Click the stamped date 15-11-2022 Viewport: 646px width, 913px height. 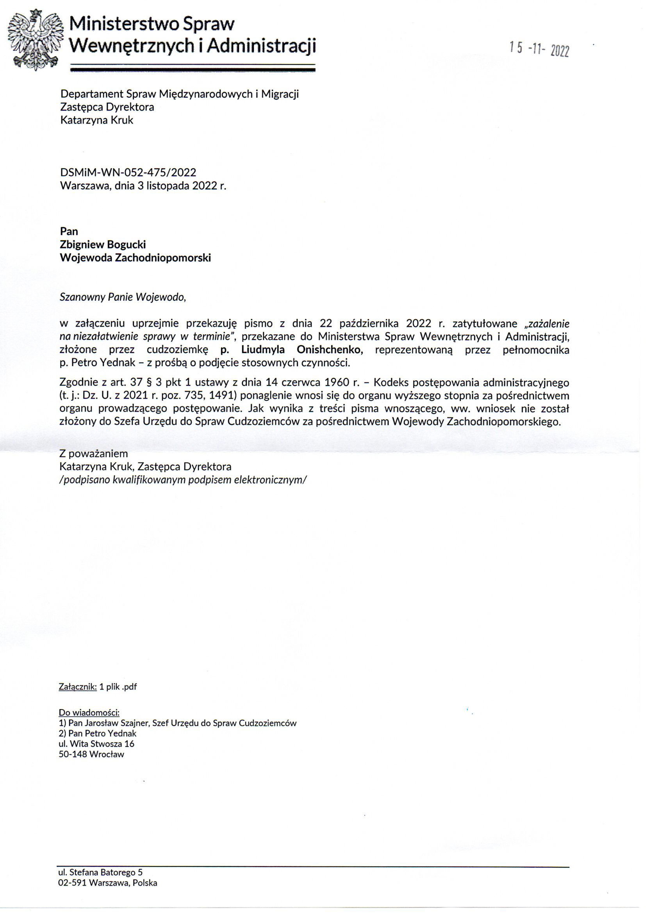[x=539, y=50]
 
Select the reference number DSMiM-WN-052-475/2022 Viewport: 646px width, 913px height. [x=128, y=173]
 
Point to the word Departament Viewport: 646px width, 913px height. [x=91, y=94]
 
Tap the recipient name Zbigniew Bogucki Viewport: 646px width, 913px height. [x=103, y=244]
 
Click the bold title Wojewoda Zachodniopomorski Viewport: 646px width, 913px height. [x=135, y=258]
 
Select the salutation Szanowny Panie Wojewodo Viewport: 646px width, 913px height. [x=123, y=298]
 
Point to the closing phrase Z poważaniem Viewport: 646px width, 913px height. [x=93, y=454]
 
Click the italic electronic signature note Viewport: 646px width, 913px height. [x=183, y=480]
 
